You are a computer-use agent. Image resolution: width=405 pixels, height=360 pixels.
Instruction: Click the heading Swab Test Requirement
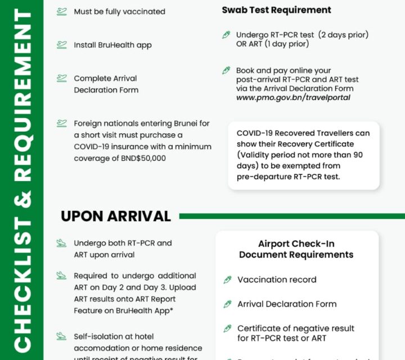(x=276, y=10)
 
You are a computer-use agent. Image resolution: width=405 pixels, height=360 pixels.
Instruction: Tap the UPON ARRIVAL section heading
(x=115, y=216)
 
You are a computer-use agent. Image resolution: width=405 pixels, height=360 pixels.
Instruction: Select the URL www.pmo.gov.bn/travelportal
(x=293, y=97)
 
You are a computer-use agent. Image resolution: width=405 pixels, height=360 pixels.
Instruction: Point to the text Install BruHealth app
(x=112, y=45)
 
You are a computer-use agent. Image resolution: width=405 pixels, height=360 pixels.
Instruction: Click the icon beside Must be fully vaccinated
(x=61, y=11)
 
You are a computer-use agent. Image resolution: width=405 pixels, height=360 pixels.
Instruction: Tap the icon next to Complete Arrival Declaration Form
(x=61, y=78)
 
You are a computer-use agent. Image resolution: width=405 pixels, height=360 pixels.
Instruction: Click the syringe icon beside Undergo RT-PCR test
(x=226, y=35)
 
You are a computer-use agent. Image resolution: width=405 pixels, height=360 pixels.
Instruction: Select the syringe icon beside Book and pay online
(x=226, y=70)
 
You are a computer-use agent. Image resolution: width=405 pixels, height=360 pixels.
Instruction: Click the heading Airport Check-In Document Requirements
(x=296, y=249)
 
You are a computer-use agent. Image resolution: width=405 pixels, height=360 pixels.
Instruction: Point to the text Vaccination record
(x=277, y=280)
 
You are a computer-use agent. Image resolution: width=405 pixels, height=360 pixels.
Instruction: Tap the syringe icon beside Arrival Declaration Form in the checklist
(x=227, y=304)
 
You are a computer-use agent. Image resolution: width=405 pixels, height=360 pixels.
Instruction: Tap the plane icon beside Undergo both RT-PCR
(x=61, y=244)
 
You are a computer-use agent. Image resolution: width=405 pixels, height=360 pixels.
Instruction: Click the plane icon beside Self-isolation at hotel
(x=61, y=336)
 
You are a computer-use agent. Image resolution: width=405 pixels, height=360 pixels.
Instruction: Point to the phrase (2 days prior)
(x=343, y=35)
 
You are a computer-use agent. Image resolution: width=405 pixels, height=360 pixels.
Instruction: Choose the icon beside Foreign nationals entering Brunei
(x=61, y=123)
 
